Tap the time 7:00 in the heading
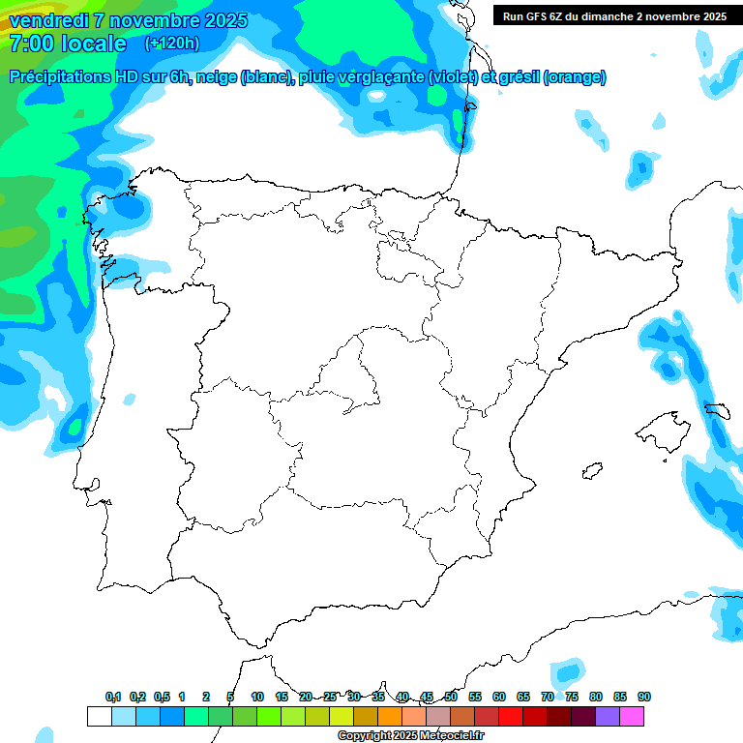(30, 44)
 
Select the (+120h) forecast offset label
(171, 44)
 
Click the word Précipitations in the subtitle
(57, 77)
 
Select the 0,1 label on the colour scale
(113, 698)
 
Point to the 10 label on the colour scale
(257, 698)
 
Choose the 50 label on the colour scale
(451, 698)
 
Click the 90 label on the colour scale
(644, 698)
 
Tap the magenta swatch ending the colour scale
(632, 716)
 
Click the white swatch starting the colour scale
(99, 716)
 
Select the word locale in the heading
(93, 44)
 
